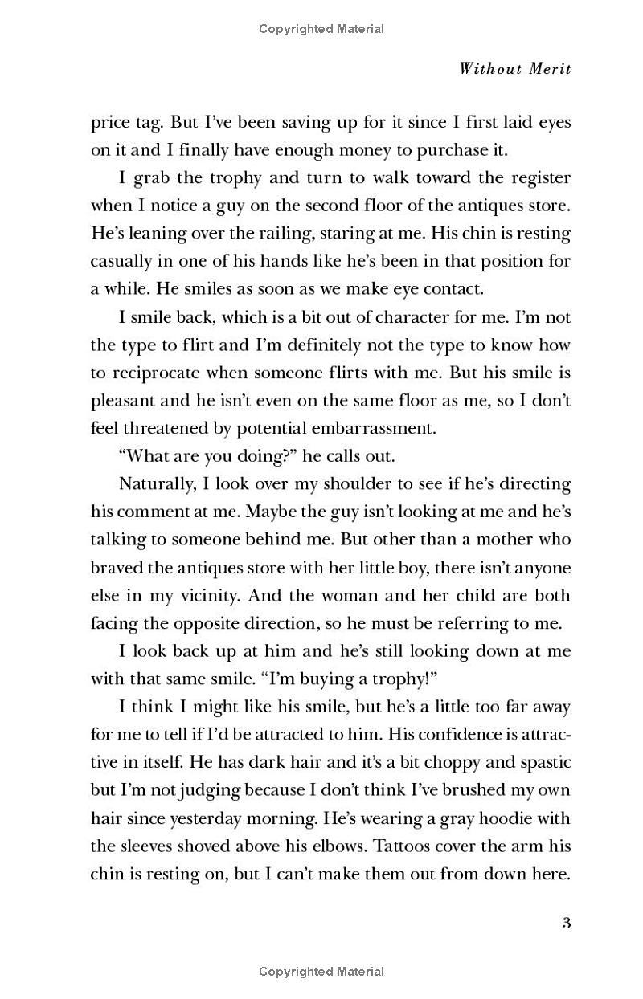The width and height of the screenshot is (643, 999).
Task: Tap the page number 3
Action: point(566,923)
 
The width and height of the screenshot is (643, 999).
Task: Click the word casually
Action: point(121,261)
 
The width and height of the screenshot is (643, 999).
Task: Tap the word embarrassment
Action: point(378,428)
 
